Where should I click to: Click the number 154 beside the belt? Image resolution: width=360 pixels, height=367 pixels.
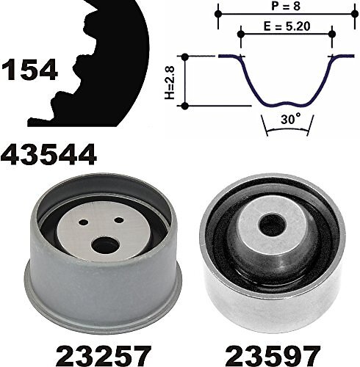29,70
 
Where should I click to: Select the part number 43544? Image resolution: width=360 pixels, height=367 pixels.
48,154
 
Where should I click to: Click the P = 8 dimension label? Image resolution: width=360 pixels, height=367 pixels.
286,6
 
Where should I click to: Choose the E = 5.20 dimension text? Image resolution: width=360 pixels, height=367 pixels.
287,26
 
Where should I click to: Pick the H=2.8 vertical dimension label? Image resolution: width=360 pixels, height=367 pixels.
170,81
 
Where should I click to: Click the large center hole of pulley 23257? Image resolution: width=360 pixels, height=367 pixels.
105,245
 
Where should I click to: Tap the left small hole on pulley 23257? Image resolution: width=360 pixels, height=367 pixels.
84,222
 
